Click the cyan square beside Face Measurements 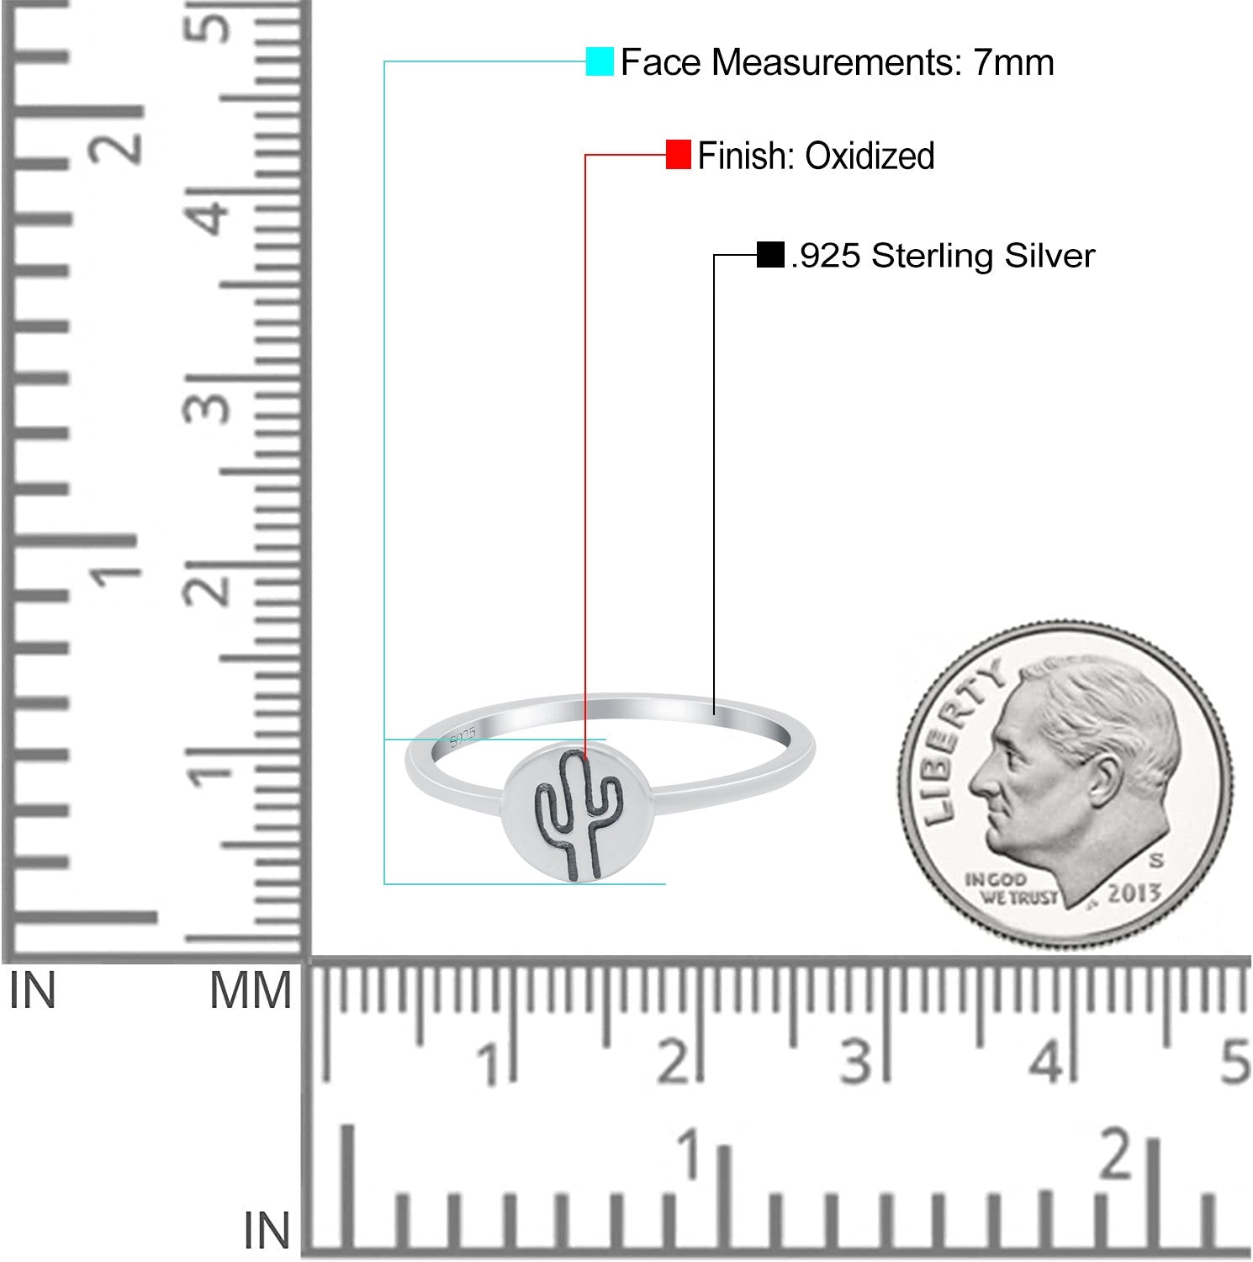(x=600, y=62)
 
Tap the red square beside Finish (x=679, y=155)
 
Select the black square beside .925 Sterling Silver (x=770, y=255)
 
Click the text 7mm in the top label (x=1014, y=62)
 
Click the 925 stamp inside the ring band (x=463, y=737)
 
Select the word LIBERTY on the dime (x=959, y=737)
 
